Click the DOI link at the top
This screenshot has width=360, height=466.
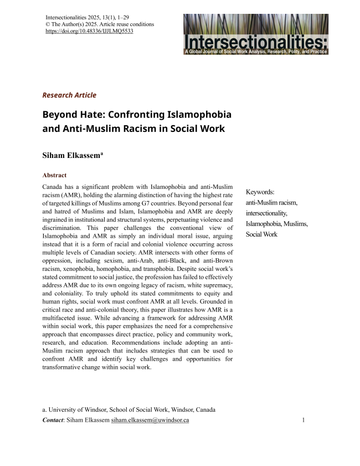(89, 32)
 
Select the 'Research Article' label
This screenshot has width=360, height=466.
(69, 95)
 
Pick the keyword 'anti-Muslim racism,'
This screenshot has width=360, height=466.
(272, 203)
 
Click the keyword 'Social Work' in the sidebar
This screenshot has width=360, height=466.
(262, 234)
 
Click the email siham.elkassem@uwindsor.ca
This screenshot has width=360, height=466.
(150, 421)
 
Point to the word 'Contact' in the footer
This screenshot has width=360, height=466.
(53, 421)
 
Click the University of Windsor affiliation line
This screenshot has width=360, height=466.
(129, 409)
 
